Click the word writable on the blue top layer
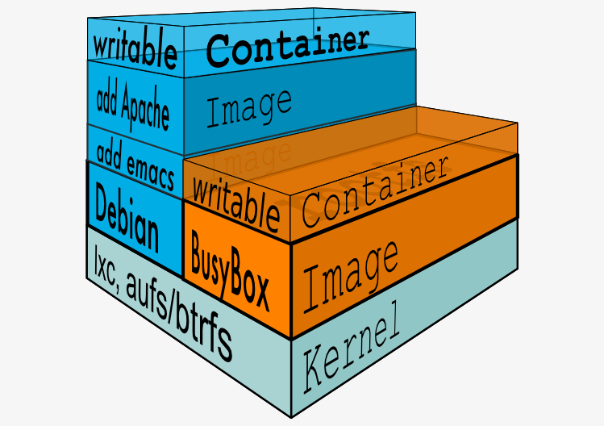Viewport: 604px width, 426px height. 135,48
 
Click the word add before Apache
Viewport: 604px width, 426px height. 108,101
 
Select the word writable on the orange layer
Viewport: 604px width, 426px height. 235,206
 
